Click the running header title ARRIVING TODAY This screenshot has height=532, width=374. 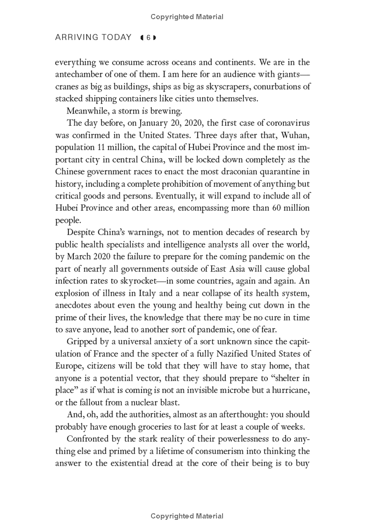93,37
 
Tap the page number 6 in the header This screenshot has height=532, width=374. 148,38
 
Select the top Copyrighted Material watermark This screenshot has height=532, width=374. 187,17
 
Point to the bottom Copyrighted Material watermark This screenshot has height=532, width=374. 187,516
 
